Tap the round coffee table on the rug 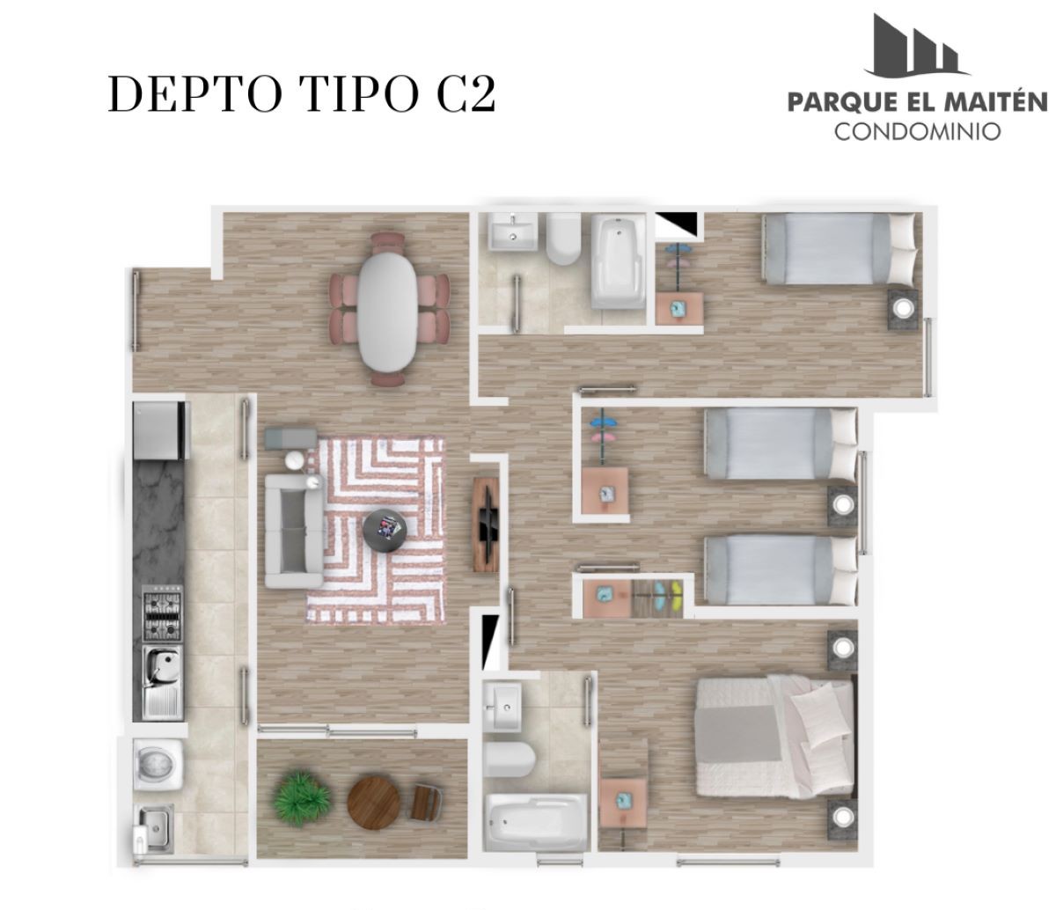click(x=385, y=531)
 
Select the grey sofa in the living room click(x=294, y=530)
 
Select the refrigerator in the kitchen click(x=160, y=430)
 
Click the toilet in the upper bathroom click(x=563, y=239)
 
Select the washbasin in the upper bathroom click(x=512, y=231)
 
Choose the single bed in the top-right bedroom click(x=839, y=248)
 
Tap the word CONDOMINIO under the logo click(x=917, y=131)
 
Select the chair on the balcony click(x=426, y=801)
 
